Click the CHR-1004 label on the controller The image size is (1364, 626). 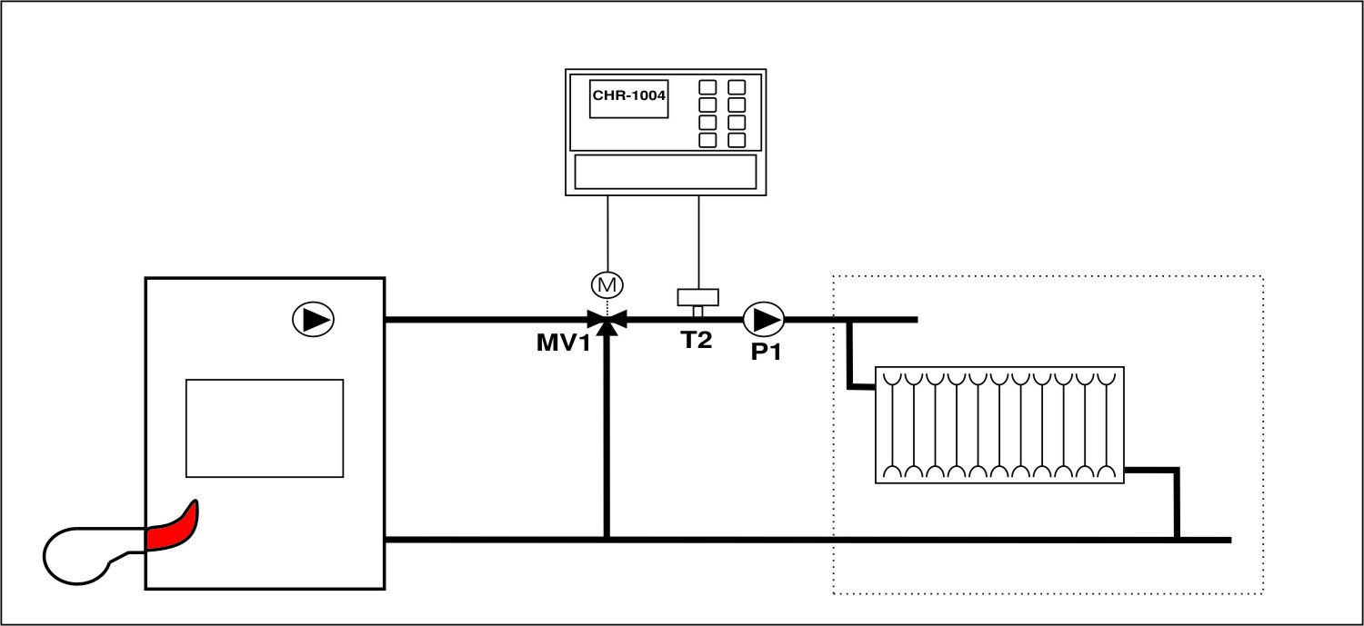[x=629, y=95]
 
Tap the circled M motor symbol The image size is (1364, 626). [x=606, y=285]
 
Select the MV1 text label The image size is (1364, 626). [x=563, y=344]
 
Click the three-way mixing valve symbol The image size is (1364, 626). [x=607, y=320]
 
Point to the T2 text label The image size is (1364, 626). [x=697, y=342]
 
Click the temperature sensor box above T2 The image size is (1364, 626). [x=698, y=297]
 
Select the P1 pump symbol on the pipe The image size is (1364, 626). [x=764, y=320]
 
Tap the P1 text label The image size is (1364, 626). [x=766, y=351]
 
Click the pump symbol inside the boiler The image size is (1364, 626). [x=313, y=319]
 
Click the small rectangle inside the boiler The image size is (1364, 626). [x=265, y=428]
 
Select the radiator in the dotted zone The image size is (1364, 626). [x=999, y=424]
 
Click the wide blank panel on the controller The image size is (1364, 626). [x=666, y=171]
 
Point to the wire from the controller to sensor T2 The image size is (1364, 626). [x=698, y=241]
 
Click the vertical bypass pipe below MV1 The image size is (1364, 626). [x=607, y=436]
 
